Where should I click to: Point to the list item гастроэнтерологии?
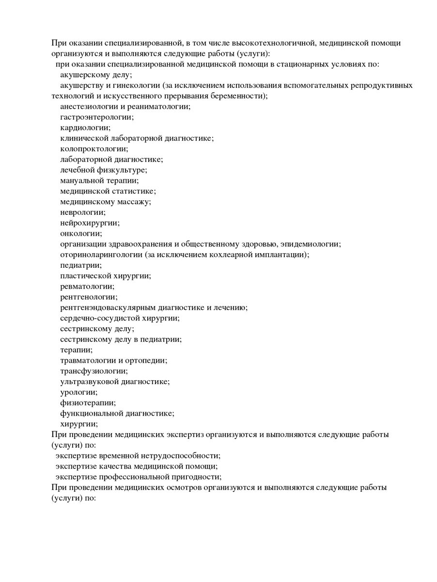[x=97, y=117]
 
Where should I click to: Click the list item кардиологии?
[x=85, y=128]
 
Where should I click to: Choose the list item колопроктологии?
[x=94, y=149]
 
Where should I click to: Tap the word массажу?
[x=135, y=202]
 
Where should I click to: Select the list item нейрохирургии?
[x=90, y=223]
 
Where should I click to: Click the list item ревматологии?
[x=87, y=287]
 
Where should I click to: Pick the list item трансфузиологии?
[x=94, y=371]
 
